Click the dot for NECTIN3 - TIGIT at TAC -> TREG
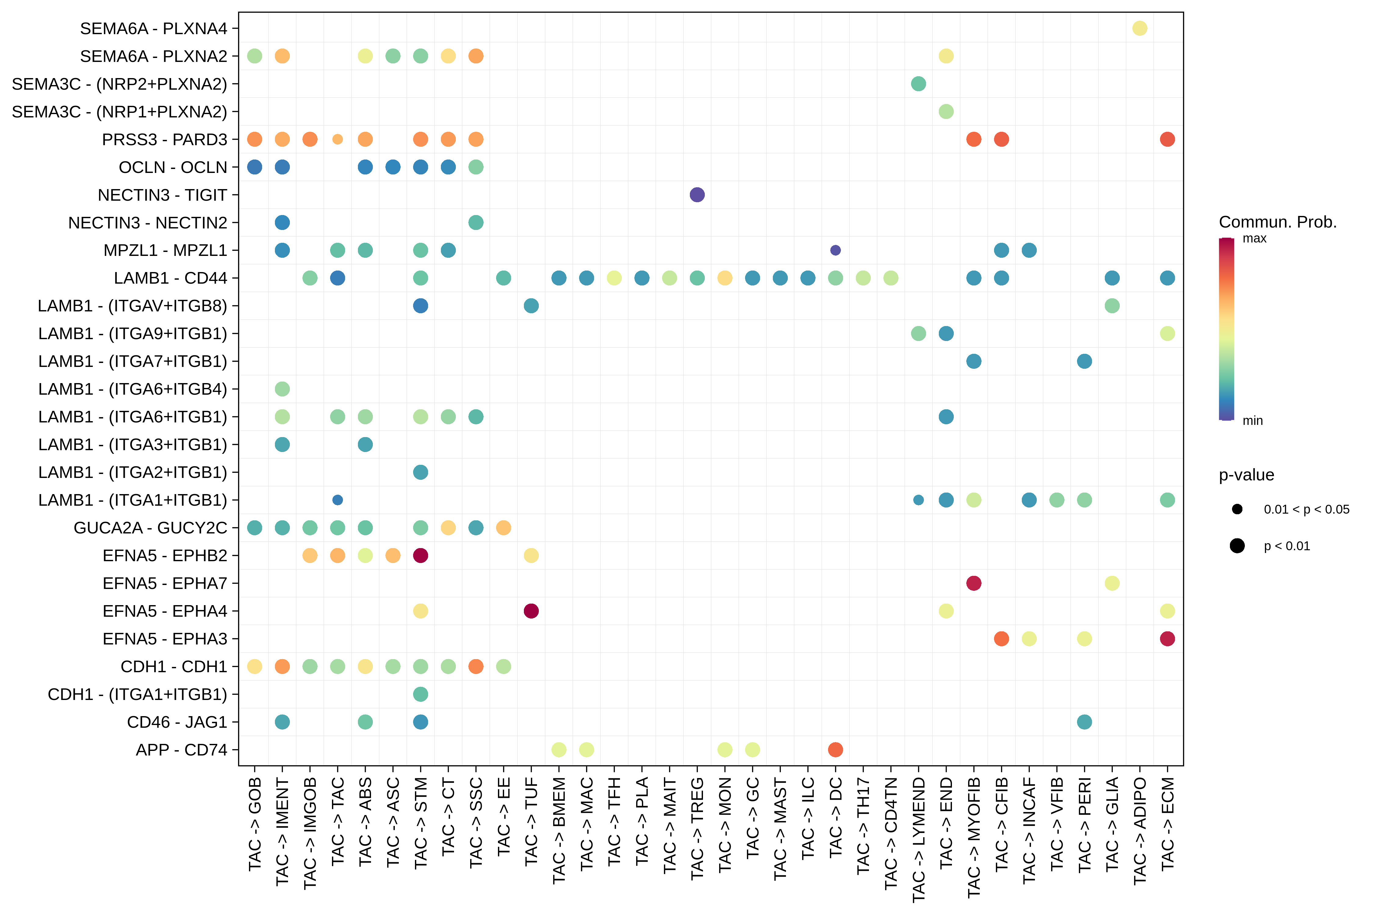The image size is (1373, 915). (697, 195)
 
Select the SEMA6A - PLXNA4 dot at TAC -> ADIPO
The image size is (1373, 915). (1140, 28)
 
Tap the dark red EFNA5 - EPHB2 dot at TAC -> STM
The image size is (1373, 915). (420, 555)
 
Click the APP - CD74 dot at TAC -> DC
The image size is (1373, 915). (835, 750)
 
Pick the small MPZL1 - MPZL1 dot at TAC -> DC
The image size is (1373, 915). (835, 250)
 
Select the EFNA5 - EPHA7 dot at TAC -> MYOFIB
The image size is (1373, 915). (974, 583)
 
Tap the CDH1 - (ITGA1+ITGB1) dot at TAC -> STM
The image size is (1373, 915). (420, 694)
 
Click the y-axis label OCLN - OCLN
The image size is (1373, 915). (173, 167)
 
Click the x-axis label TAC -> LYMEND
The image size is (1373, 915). (919, 839)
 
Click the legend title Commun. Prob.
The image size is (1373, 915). (1277, 222)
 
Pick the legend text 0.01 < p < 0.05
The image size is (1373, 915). (1306, 509)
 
